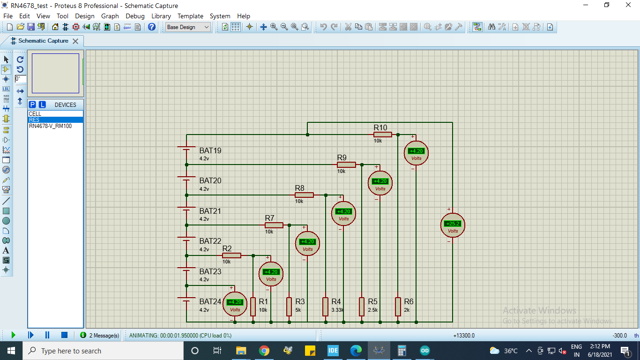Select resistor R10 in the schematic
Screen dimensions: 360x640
[383, 135]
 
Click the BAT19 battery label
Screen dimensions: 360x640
[210, 151]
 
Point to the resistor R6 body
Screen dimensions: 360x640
[398, 307]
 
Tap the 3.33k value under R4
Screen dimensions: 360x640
[337, 310]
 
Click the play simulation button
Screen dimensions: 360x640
[13, 335]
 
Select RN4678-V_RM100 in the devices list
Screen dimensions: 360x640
[50, 126]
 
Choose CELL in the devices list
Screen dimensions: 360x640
[35, 114]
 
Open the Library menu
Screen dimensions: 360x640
[161, 16]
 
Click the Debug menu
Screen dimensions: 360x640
[135, 16]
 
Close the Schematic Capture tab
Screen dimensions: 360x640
[75, 41]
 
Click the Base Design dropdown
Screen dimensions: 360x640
[188, 27]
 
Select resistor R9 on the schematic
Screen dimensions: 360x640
[346, 165]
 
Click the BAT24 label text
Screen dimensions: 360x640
[210, 302]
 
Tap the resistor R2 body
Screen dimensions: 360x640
[231, 255]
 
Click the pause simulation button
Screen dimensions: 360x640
[47, 335]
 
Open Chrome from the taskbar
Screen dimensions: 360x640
[264, 351]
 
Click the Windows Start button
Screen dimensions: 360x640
[11, 351]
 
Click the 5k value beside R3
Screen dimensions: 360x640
[298, 310]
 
